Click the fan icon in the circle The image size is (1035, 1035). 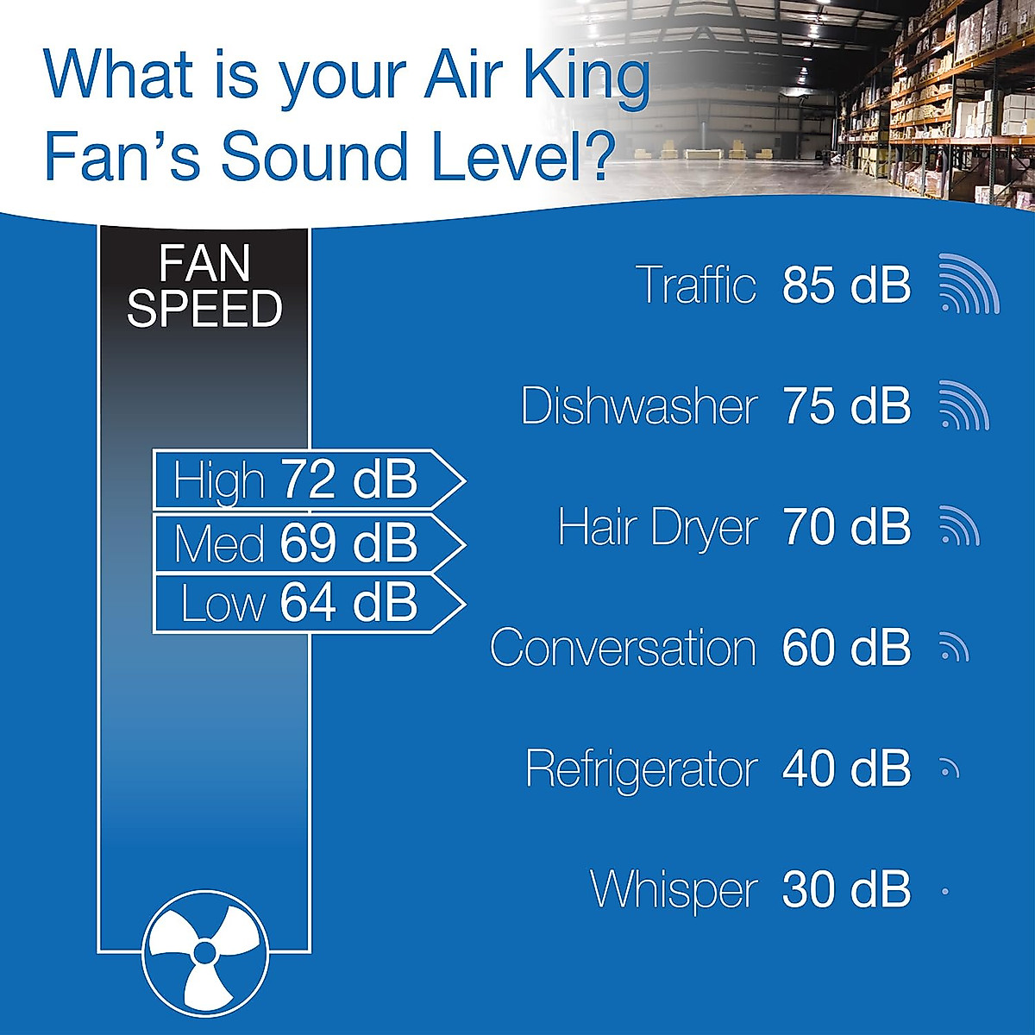204,953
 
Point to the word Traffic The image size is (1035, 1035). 695,285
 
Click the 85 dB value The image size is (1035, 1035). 846,285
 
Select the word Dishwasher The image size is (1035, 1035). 639,405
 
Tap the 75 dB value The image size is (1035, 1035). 846,405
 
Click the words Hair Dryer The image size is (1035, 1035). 657,527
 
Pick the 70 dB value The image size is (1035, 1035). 846,527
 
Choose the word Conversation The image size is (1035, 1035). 623,648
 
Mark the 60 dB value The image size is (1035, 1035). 846,648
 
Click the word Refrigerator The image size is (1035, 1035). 641,768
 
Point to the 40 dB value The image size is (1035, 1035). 846,768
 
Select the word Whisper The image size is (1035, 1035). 674,889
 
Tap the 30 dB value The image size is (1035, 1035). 846,889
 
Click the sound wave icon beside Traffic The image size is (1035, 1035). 968,285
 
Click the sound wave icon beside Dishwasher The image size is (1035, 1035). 963,405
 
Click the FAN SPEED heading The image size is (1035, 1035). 204,286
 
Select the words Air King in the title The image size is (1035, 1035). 536,76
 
